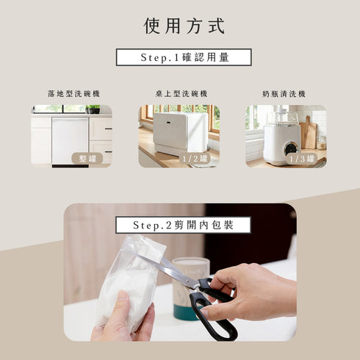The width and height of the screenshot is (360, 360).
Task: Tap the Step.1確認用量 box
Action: tap(184, 57)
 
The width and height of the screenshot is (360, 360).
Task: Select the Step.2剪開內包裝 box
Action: tap(183, 225)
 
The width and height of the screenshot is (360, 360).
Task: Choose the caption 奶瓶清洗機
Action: tap(284, 94)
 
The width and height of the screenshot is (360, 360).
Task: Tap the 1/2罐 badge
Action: tap(194, 158)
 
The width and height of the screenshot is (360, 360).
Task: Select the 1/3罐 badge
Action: tap(301, 158)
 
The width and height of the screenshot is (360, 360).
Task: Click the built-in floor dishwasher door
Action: tap(70, 140)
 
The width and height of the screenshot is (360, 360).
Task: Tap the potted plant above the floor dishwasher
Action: tap(93, 109)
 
